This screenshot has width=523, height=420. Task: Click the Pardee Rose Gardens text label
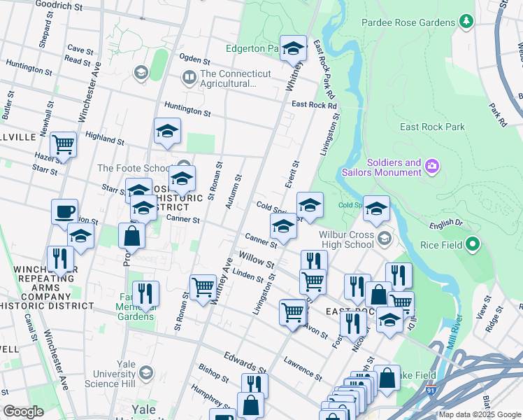pyautogui.click(x=408, y=23)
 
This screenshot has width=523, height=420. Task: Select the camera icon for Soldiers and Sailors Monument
pyautogui.click(x=433, y=166)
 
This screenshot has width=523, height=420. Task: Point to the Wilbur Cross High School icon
pyautogui.click(x=384, y=239)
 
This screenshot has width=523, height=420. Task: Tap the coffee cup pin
pyautogui.click(x=65, y=211)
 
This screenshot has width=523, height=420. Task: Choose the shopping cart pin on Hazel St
pyautogui.click(x=64, y=145)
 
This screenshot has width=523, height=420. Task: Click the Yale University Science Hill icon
pyautogui.click(x=145, y=372)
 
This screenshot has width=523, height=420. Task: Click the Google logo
pyautogui.click(x=24, y=412)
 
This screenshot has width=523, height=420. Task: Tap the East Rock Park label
pyautogui.click(x=432, y=127)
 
